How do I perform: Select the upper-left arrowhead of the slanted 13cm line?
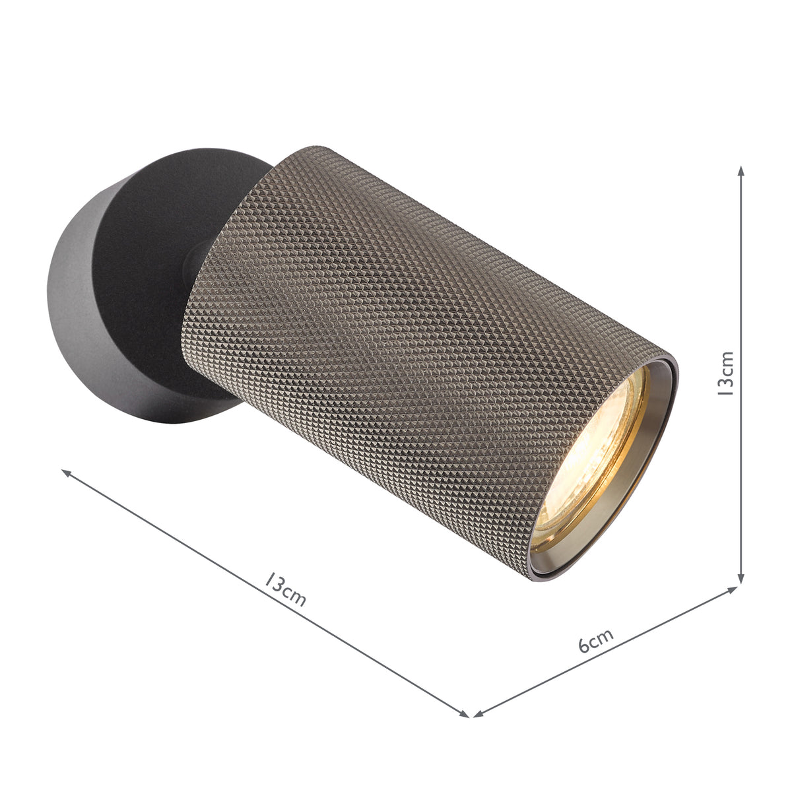point(67,473)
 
